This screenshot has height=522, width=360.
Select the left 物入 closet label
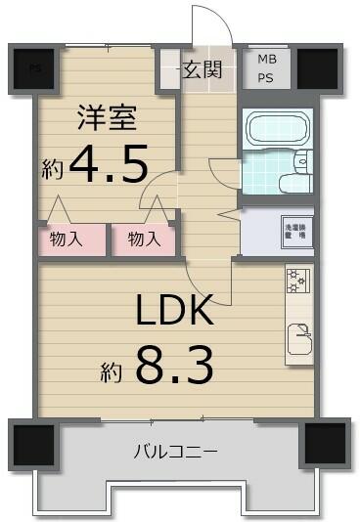(x=65, y=239)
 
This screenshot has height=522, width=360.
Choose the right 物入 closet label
(x=145, y=239)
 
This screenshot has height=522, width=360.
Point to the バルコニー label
(x=176, y=452)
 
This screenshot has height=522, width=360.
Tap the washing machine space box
(x=295, y=231)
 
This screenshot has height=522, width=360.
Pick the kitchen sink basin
(x=298, y=336)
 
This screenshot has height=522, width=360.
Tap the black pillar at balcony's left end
(x=35, y=444)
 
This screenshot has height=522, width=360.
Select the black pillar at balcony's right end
(x=324, y=444)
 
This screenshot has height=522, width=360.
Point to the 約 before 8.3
(x=111, y=371)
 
